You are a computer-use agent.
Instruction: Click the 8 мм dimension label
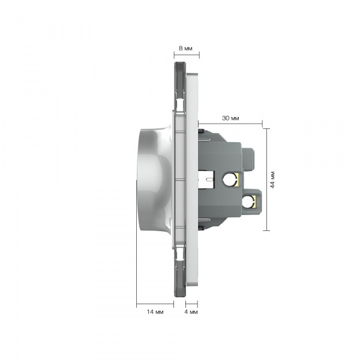tap(185, 49)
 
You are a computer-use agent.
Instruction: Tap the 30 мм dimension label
tap(230, 118)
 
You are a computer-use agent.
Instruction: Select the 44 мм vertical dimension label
tap(272, 180)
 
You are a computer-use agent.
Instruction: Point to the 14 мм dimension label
tap(155, 312)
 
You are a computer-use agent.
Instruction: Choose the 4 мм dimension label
tap(191, 312)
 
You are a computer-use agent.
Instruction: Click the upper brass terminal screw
tap(231, 178)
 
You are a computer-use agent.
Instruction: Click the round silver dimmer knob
tap(154, 179)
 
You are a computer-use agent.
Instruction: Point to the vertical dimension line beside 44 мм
tap(266, 179)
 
